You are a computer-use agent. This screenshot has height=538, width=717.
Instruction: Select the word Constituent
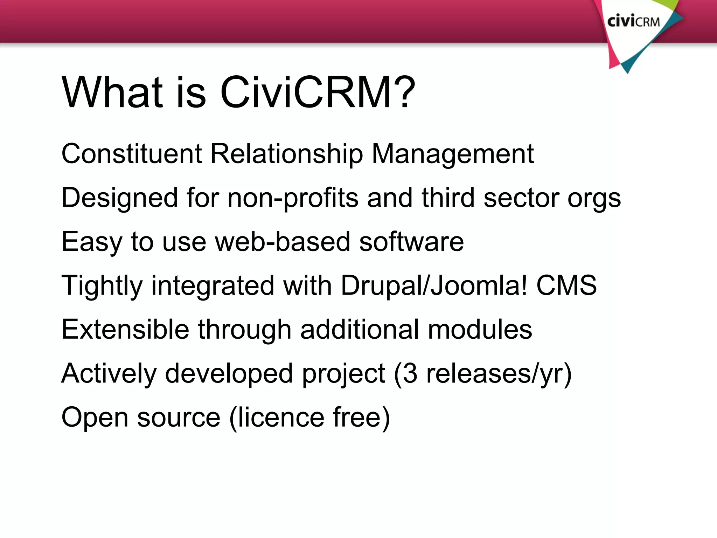point(132,154)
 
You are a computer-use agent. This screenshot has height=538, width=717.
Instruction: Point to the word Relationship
point(287,154)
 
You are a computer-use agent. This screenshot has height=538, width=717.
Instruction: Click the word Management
point(452,154)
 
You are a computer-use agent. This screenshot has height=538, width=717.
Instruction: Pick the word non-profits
point(293,198)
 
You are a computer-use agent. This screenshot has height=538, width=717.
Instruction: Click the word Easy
point(92,242)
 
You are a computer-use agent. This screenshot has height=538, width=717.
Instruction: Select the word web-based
point(283,242)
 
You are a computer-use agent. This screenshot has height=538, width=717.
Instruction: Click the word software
point(411,242)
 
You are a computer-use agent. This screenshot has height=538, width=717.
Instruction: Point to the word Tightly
point(102,286)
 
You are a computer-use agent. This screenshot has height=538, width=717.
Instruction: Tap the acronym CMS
point(566,285)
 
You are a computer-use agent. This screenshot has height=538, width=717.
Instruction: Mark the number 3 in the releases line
point(410,373)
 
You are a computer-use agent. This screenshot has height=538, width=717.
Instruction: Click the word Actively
point(109,374)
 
